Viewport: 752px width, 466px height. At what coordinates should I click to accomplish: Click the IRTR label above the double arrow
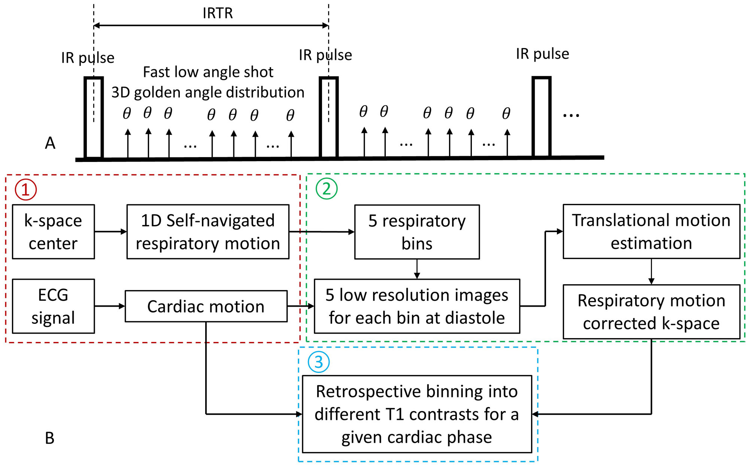click(218, 13)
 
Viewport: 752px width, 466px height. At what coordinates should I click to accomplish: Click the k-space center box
click(53, 232)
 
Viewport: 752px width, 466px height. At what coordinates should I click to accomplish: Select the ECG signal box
click(53, 306)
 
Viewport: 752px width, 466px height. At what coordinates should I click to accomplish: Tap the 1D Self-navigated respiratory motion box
click(208, 232)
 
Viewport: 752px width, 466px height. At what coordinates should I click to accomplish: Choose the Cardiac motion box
click(206, 306)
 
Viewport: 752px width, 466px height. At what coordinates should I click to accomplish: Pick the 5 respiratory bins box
click(417, 232)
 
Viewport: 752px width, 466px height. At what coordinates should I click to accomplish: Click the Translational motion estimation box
click(651, 231)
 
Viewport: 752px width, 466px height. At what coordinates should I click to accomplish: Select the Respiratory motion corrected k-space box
click(651, 312)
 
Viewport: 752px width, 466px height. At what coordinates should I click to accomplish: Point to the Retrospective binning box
click(417, 414)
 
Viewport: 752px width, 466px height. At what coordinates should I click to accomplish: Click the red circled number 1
click(25, 189)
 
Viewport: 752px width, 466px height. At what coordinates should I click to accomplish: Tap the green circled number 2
click(327, 189)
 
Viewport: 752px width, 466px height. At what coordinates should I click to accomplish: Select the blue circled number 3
click(318, 362)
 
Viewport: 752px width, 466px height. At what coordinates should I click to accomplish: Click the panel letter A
click(50, 143)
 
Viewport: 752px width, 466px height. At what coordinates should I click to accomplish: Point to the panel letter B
click(50, 438)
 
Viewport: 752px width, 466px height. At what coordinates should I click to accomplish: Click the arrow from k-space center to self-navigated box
click(110, 232)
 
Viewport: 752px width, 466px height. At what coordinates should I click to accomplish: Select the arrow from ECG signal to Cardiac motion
click(110, 306)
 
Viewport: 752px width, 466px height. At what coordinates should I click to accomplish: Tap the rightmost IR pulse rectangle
click(542, 117)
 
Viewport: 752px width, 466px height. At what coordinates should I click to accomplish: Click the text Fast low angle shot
click(208, 72)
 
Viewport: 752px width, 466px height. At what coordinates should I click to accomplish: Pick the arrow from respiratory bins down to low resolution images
click(417, 269)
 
